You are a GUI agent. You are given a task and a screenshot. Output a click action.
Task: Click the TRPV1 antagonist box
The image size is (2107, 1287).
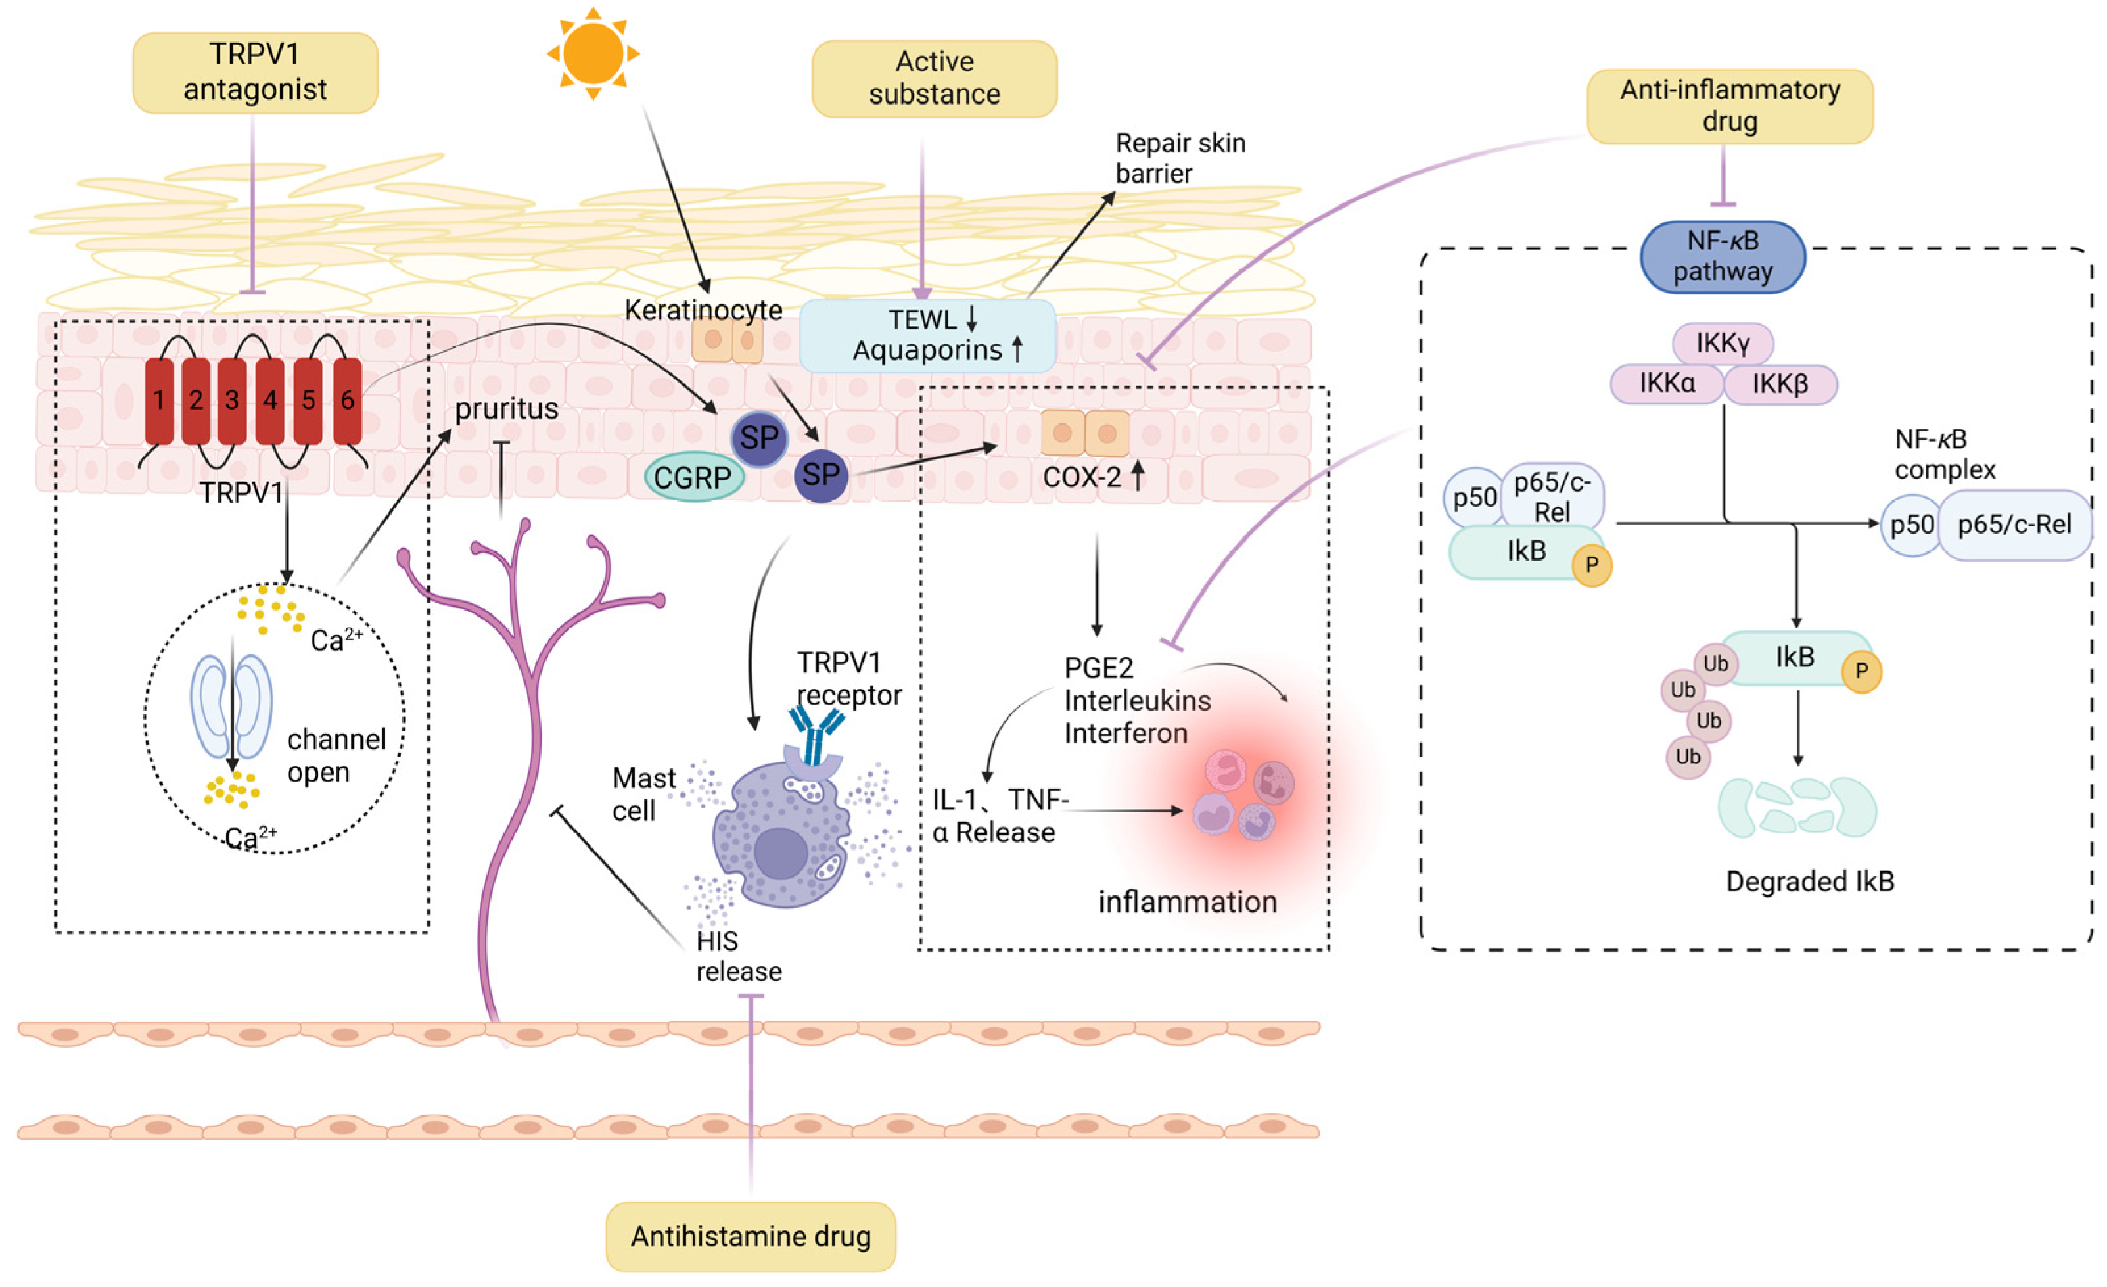(x=255, y=73)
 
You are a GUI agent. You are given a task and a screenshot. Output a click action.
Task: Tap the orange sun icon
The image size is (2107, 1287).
(x=593, y=53)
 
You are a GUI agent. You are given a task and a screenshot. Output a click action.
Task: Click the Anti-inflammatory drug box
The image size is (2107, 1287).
(x=1730, y=106)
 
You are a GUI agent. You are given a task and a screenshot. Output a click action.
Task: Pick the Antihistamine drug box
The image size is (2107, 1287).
(x=751, y=1236)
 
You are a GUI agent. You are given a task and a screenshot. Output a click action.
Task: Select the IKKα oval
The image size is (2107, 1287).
(x=1667, y=384)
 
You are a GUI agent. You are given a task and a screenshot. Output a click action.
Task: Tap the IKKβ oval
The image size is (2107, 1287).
(x=1780, y=384)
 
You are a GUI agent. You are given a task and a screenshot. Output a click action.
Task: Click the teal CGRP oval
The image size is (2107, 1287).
(x=693, y=477)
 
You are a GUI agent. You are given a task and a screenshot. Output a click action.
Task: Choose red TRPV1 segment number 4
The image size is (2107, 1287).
(x=270, y=401)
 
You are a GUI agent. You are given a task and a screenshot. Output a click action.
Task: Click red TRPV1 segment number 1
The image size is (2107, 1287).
(x=159, y=401)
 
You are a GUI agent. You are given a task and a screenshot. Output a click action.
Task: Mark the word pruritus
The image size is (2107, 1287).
(x=506, y=409)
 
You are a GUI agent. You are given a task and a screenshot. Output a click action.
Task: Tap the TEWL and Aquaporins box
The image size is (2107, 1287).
(x=927, y=335)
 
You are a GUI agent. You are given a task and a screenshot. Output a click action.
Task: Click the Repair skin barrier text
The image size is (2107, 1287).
(x=1180, y=158)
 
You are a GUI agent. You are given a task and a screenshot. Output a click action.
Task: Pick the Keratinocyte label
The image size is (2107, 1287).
(x=703, y=310)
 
